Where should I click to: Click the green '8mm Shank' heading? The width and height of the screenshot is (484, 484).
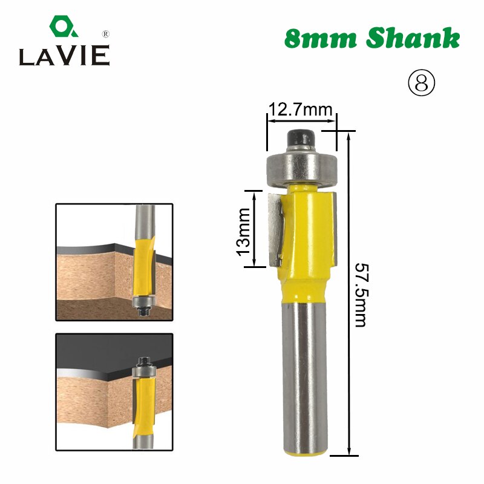tap(371, 39)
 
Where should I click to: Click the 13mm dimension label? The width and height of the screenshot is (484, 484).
tap(244, 231)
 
